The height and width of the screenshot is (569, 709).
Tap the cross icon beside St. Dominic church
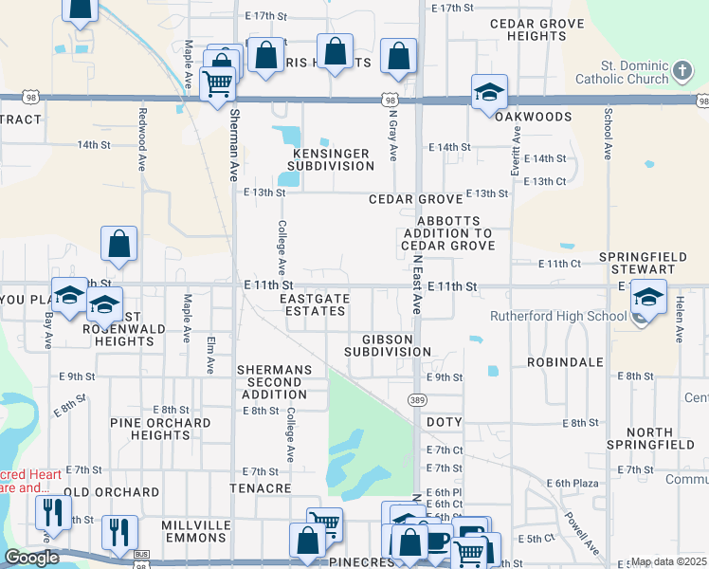pyautogui.click(x=682, y=70)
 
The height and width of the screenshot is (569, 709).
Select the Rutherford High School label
pyautogui.click(x=558, y=316)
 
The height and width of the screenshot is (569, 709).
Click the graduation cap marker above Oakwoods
pyautogui.click(x=489, y=92)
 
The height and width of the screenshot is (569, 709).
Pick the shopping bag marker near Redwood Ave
pyautogui.click(x=120, y=245)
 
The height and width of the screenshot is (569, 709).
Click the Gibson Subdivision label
pyautogui.click(x=388, y=345)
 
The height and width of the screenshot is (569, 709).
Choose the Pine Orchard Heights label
pyautogui.click(x=160, y=429)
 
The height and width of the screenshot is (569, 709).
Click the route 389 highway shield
pyautogui.click(x=416, y=400)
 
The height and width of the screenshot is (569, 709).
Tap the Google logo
pyautogui.click(x=31, y=558)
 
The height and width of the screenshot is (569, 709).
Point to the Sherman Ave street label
pyautogui.click(x=234, y=144)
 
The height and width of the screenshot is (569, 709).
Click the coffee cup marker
pyautogui.click(x=438, y=541)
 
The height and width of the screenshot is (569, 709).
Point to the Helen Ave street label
pyautogui.click(x=680, y=317)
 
